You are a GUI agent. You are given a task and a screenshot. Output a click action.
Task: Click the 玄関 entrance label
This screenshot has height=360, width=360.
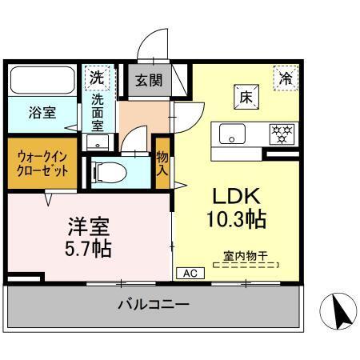pos(146,82)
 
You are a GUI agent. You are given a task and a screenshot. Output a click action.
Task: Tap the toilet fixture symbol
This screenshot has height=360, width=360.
pos(104,170)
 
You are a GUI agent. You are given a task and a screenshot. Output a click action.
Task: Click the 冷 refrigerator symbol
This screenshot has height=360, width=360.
pos(285,78)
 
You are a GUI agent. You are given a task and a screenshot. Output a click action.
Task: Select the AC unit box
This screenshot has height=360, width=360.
pos(190,273)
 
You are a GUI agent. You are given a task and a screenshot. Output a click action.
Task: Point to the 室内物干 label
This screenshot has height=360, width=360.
pos(245,257)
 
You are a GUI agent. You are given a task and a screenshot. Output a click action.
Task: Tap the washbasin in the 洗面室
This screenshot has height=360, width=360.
pos(97,142)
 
